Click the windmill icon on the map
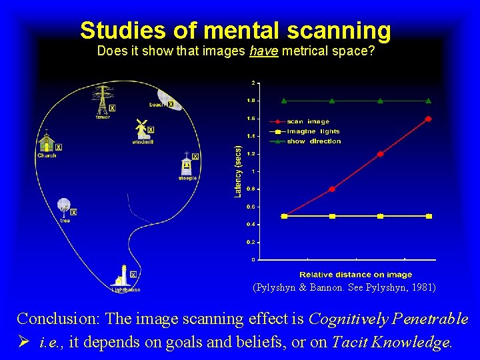pos(141,128)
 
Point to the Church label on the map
pos(47,155)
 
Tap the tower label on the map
pos(103,117)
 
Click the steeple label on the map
pos(187,178)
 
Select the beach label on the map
pos(157,105)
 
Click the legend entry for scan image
pos(308,121)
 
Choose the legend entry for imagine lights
pos(313,131)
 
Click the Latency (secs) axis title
pos(238,171)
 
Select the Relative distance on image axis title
pos(355,274)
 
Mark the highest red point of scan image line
pos(428,119)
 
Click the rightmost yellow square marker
pos(429,216)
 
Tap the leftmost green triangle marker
pos(284,101)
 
